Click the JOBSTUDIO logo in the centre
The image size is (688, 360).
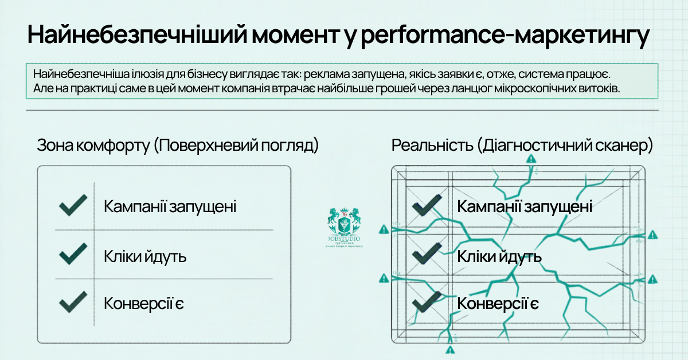coord(344,225)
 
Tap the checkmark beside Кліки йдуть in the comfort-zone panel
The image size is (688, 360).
coord(73,254)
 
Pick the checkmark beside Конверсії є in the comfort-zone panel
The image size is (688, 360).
coord(73,302)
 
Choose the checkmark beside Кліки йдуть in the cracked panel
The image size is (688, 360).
coord(427,254)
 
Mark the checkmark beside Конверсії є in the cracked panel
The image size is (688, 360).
coord(427,302)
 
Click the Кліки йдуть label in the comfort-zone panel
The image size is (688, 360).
coord(145,256)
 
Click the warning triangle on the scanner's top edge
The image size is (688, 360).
coord(531,159)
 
